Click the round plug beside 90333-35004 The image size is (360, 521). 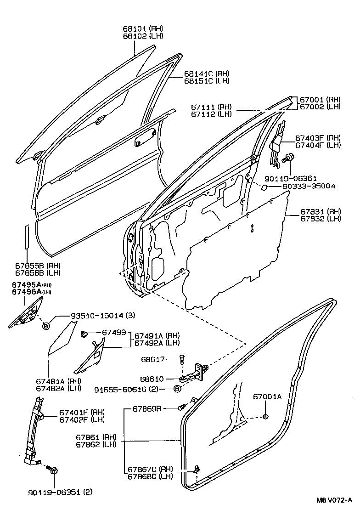(x=264, y=187)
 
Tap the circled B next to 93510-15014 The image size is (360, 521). (x=46, y=326)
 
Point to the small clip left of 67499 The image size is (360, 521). (x=84, y=334)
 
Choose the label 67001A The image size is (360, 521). (x=268, y=397)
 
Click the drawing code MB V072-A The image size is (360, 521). (x=333, y=500)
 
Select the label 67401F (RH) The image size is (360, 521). (x=82, y=412)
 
